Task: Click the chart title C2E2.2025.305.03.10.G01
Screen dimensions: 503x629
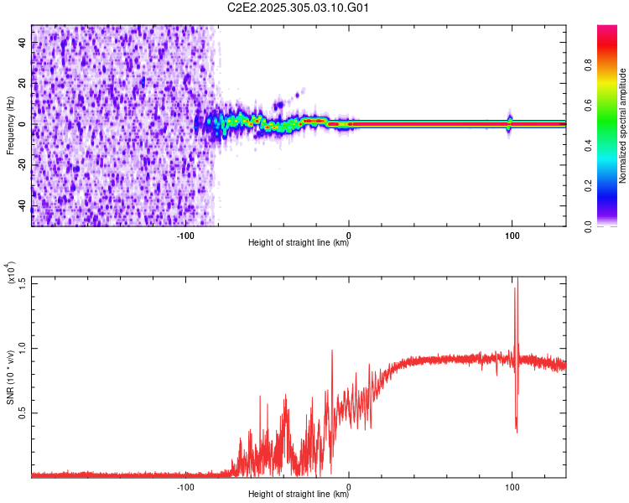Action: click(299, 8)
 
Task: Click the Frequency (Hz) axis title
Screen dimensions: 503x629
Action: click(10, 125)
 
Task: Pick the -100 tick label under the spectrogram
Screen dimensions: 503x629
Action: click(185, 235)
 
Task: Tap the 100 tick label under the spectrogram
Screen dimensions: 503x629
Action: click(512, 235)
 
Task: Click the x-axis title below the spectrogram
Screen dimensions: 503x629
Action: click(299, 244)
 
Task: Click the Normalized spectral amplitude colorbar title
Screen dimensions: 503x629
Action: click(623, 127)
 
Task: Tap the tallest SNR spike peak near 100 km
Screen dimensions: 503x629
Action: click(517, 279)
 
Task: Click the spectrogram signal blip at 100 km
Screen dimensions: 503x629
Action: click(510, 122)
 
